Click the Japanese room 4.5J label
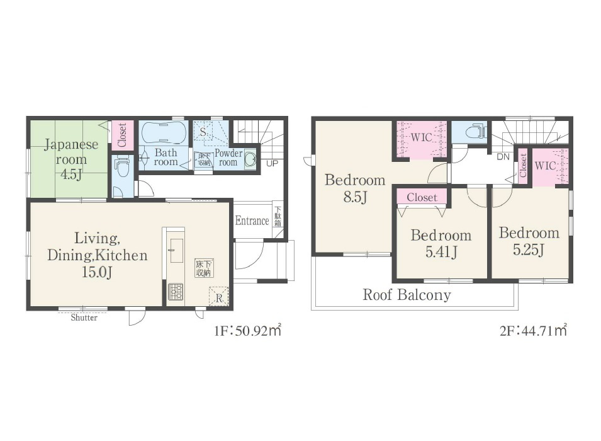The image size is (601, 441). coord(71,159)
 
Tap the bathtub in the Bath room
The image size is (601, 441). coord(164,133)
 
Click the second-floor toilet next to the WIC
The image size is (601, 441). coord(476,132)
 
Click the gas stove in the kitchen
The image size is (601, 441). coord(176,291)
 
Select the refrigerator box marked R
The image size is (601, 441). coord(219,297)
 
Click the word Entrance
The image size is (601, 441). coord(252,220)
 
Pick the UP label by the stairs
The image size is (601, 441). coord(272,164)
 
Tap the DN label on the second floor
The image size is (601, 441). coord(503,157)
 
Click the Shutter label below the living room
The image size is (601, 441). coord(84,318)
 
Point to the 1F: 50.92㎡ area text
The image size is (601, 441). coord(247,330)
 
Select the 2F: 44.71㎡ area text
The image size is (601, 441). coord(533,330)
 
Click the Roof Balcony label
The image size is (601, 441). coord(407,295)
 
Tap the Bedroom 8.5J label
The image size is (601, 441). coord(355,188)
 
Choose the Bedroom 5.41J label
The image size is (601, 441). coord(441,243)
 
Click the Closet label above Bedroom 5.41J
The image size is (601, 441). coord(422,197)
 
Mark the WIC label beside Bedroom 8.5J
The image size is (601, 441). coord(421,137)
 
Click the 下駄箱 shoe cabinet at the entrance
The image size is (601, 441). coord(278,217)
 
